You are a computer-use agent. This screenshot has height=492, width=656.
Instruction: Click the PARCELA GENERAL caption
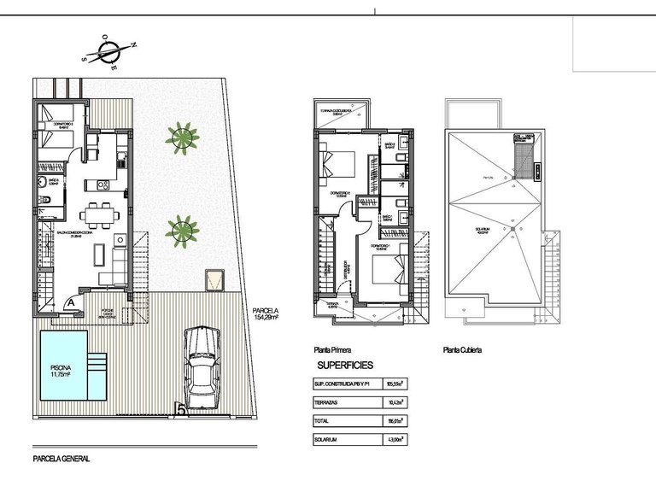pos(60,459)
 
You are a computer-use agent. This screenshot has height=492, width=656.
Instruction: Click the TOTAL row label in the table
pos(325,420)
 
